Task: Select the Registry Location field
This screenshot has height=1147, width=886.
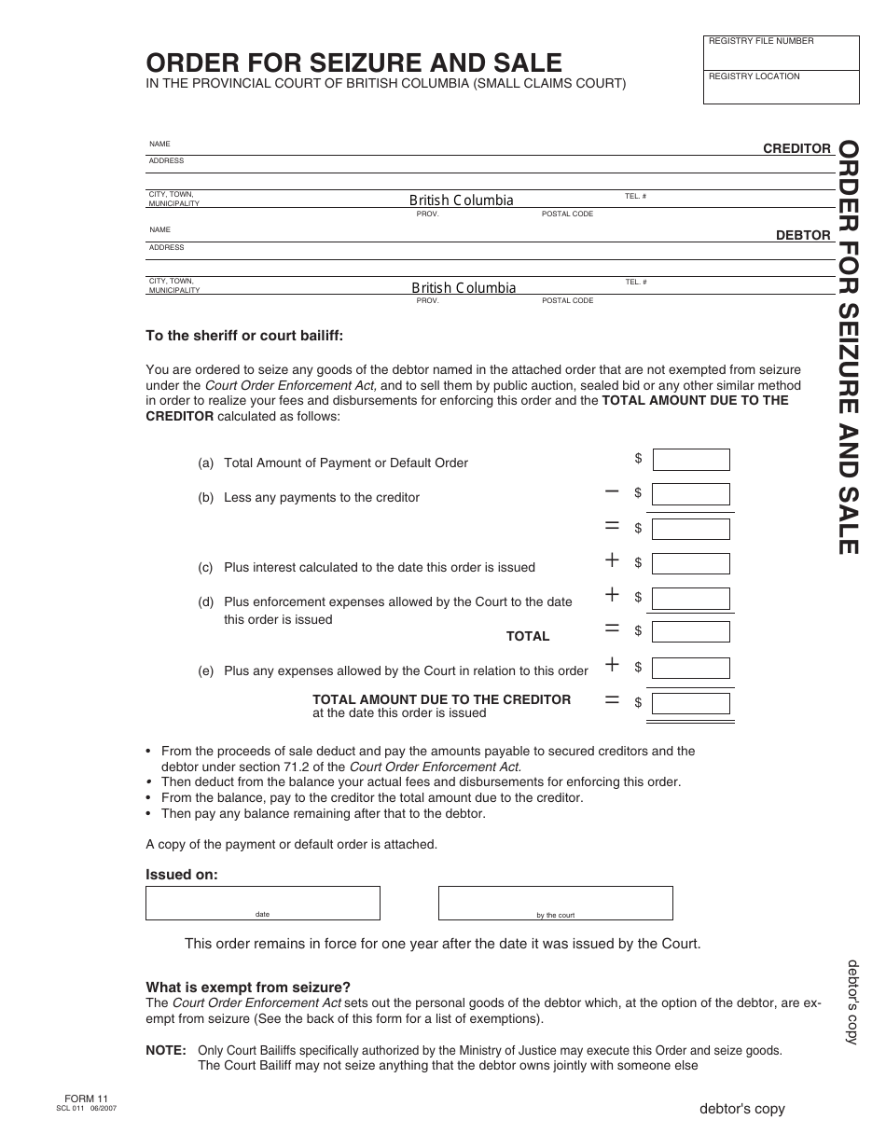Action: pyautogui.click(x=781, y=88)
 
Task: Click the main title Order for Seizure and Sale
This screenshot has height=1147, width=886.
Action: pyautogui.click(x=353, y=62)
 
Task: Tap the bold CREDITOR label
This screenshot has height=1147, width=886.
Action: pyautogui.click(x=796, y=148)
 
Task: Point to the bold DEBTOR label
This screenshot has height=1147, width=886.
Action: pyautogui.click(x=803, y=236)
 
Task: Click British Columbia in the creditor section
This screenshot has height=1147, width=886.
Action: pyautogui.click(x=461, y=200)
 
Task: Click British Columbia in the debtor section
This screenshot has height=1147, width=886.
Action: pyautogui.click(x=464, y=288)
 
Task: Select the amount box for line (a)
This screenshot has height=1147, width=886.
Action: pyautogui.click(x=691, y=460)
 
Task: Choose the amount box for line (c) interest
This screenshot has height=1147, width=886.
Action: pyautogui.click(x=691, y=563)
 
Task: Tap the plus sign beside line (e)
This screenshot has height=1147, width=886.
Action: pyautogui.click(x=612, y=664)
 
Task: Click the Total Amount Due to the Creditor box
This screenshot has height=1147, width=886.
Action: pyautogui.click(x=691, y=702)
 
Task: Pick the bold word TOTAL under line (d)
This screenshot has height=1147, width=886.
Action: pyautogui.click(x=528, y=636)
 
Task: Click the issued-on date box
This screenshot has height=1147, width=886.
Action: pyautogui.click(x=262, y=902)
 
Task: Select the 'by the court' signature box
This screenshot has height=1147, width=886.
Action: pyautogui.click(x=555, y=902)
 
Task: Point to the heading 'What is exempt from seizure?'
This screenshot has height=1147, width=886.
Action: pyautogui.click(x=248, y=988)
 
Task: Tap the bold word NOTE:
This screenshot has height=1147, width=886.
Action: pyautogui.click(x=166, y=1050)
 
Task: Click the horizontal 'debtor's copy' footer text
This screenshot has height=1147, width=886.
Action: pyautogui.click(x=742, y=1109)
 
